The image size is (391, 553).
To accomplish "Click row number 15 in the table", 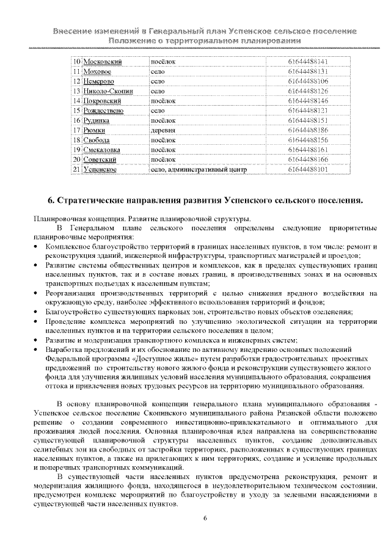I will [x=76, y=111].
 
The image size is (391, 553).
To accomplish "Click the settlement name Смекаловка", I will [x=102, y=150].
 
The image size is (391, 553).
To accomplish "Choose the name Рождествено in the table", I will [x=103, y=111].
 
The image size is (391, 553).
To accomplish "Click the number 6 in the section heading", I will [x=51, y=200].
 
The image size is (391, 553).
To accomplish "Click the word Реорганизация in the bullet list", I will [x=71, y=293].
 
